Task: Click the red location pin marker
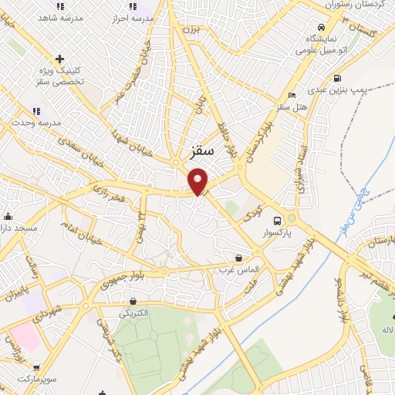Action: point(198,182)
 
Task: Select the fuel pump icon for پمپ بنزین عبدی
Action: point(337,78)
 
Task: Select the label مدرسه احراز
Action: point(133,15)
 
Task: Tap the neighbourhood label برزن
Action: point(190,29)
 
